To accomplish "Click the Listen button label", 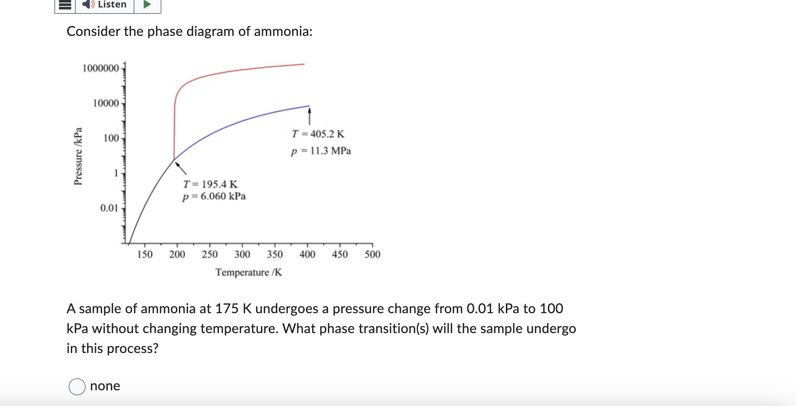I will [x=112, y=5].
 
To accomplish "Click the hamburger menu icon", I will [x=65, y=5].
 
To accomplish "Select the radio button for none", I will [x=77, y=386].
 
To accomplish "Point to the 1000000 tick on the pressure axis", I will [x=101, y=68].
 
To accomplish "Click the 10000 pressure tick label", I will [x=106, y=103].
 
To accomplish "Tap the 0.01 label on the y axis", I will [x=109, y=208].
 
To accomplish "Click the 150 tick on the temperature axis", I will [x=145, y=254].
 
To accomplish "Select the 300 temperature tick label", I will [x=242, y=254].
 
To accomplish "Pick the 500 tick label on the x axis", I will [x=372, y=254].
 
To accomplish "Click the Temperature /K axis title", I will [x=248, y=272].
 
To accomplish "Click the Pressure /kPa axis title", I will [x=78, y=156].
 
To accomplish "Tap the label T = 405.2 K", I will [x=318, y=134].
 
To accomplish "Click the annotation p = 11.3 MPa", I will [x=321, y=151].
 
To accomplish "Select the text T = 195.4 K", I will [x=210, y=184].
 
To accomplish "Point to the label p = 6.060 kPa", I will [x=214, y=196].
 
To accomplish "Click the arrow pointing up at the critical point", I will [x=309, y=117].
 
